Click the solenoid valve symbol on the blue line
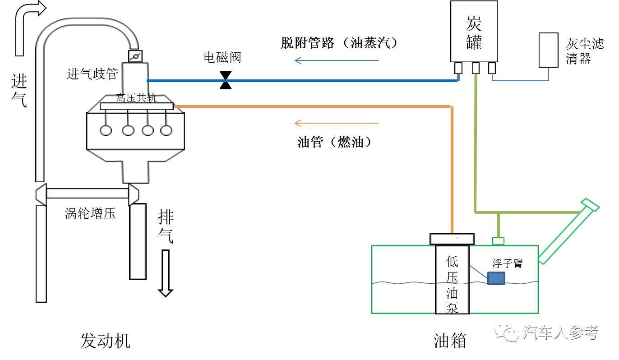226,80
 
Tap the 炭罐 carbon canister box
474,31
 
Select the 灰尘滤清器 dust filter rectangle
549,50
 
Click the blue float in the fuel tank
496,278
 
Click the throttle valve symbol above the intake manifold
135,56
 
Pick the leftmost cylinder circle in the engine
106,130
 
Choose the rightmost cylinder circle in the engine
166,130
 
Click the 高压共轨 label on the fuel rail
136,98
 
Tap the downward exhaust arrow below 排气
166,273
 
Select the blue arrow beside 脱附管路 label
337,60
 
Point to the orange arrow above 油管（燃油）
337,123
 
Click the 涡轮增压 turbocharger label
90,213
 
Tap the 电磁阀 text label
222,57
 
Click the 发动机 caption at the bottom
106,341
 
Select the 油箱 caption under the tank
449,341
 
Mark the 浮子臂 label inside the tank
508,263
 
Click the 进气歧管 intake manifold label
92,74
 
